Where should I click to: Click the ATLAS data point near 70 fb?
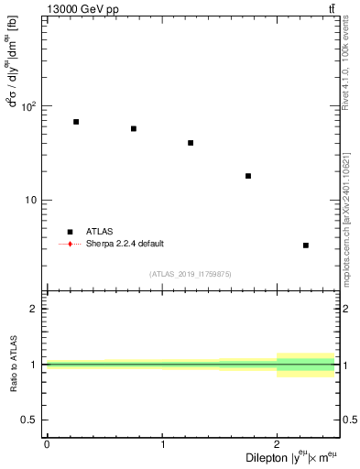(x=76, y=122)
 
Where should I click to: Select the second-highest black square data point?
(x=134, y=128)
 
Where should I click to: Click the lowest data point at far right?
(x=306, y=245)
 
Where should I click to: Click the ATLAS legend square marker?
(x=69, y=232)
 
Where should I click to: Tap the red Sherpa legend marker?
(x=69, y=244)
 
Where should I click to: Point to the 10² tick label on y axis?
(x=30, y=106)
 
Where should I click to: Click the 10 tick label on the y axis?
(x=33, y=201)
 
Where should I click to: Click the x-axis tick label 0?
(x=47, y=444)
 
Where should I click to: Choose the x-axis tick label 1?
(x=162, y=444)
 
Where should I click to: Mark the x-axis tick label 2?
(x=277, y=444)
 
